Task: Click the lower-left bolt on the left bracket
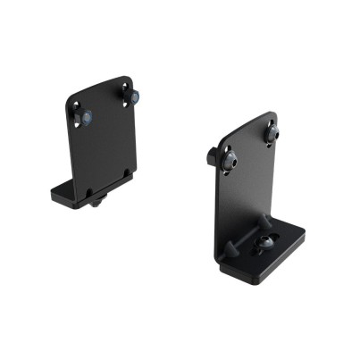click(x=87, y=117)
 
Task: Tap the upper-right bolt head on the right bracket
click(x=272, y=133)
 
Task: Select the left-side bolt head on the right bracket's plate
click(x=230, y=161)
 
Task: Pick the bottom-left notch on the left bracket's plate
click(x=89, y=189)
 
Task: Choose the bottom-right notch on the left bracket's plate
click(x=127, y=172)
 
